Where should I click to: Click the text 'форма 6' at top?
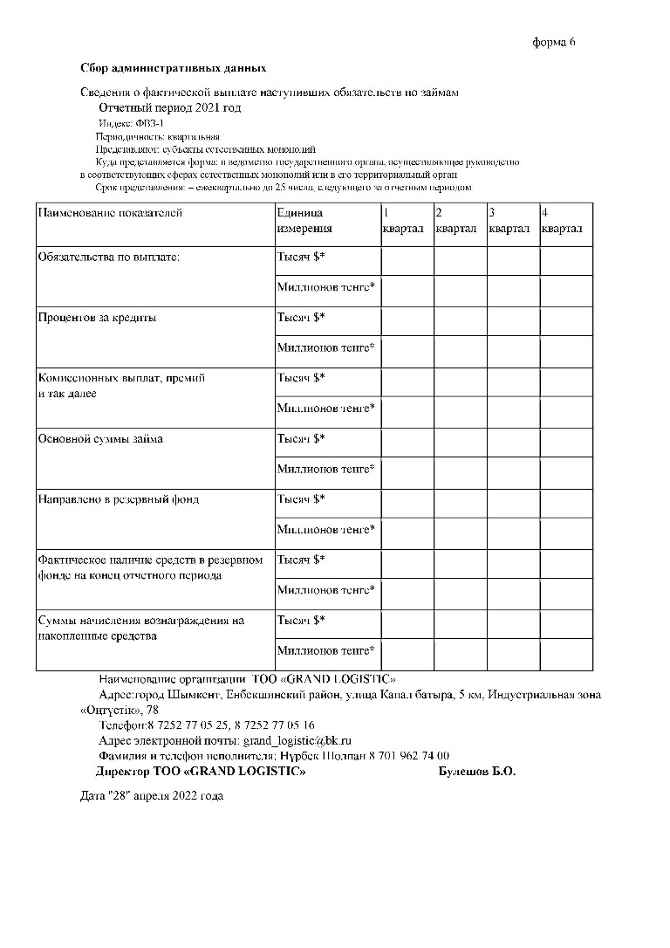(555, 42)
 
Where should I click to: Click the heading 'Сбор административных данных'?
(173, 68)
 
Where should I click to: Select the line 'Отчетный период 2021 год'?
(169, 107)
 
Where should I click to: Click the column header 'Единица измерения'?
(304, 221)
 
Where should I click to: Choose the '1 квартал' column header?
(403, 221)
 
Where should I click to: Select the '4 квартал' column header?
(562, 221)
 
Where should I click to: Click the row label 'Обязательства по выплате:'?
(108, 258)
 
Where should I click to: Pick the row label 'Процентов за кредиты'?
(97, 319)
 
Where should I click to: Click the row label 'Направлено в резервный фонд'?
(118, 500)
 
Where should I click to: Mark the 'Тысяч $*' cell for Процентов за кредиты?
(301, 319)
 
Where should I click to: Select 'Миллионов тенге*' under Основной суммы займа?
(326, 470)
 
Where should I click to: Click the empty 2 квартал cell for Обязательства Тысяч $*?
(460, 260)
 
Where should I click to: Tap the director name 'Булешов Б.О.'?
(476, 773)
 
